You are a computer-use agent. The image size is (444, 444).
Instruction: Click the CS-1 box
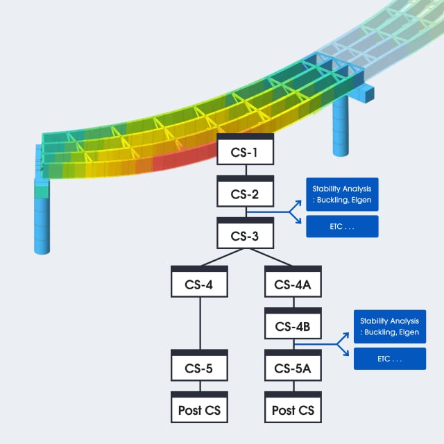tap(246, 150)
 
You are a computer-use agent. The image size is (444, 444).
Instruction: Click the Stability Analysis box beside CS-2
tap(342, 193)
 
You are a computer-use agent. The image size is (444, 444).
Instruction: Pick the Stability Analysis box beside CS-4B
tap(390, 325)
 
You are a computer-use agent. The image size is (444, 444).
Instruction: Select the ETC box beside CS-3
tap(342, 226)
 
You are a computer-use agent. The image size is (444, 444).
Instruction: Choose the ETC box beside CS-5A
tap(390, 359)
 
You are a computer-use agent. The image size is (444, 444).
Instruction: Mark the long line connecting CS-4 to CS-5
tap(200, 323)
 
